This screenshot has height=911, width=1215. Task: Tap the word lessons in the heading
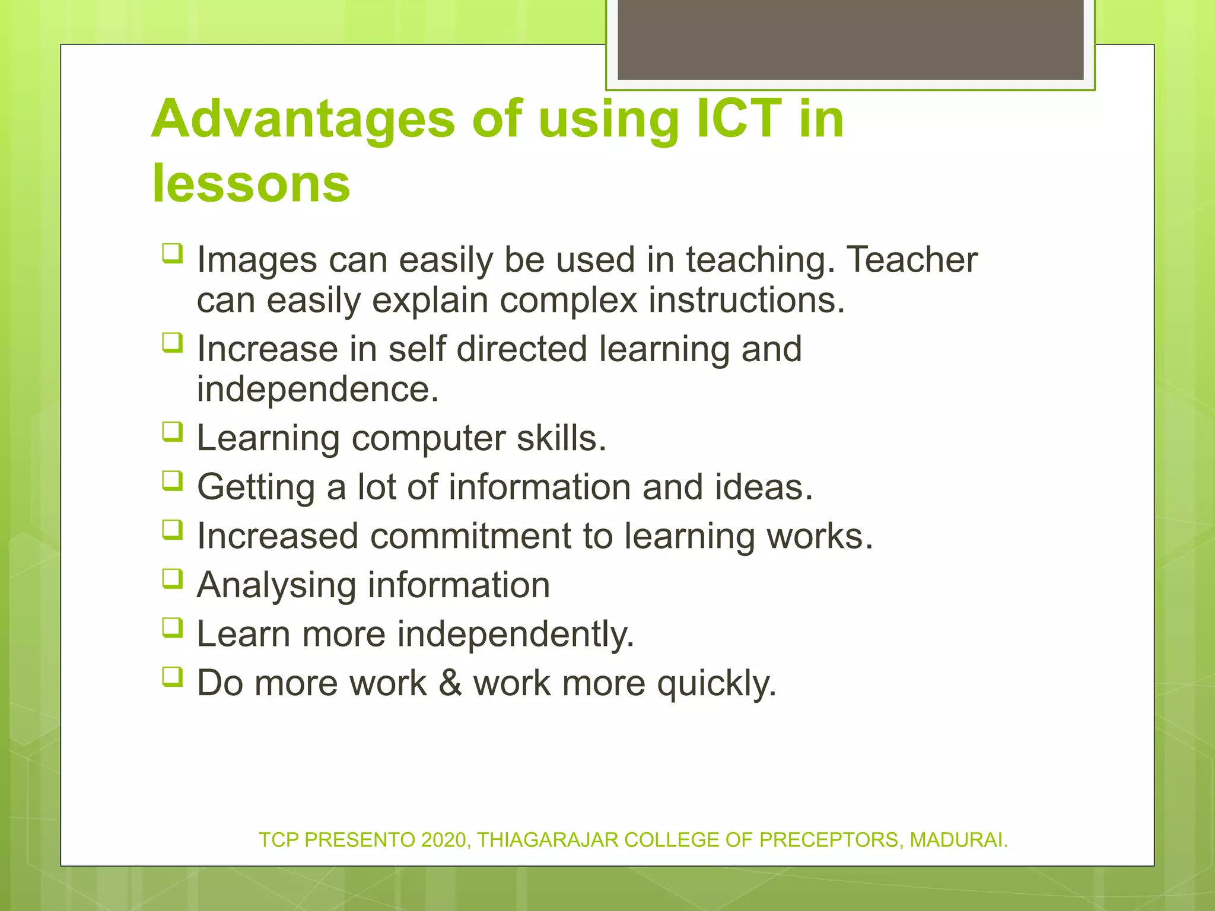(251, 183)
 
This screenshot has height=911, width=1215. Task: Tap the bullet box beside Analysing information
(172, 579)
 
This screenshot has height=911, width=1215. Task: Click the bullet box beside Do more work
(172, 676)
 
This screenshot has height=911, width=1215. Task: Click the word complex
(568, 300)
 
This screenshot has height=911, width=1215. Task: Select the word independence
(317, 389)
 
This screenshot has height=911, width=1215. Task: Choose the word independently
(516, 634)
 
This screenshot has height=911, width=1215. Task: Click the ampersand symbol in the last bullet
(450, 683)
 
